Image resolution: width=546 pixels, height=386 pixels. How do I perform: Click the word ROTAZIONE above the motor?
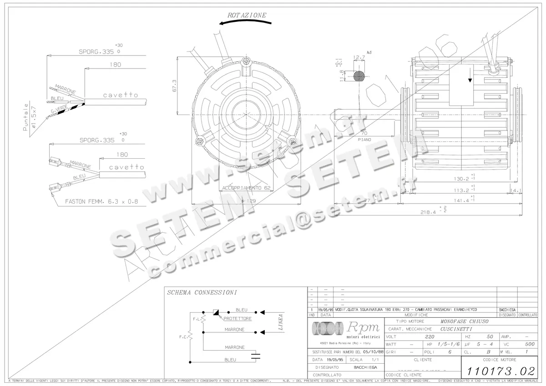pos(247,15)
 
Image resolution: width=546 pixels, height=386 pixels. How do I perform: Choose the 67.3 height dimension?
pos(173,85)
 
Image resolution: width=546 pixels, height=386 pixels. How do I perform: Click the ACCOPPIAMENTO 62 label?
pos(246,188)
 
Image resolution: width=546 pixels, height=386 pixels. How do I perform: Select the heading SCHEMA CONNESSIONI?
pos(202,293)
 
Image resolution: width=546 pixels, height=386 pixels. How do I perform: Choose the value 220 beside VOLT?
pos(429,337)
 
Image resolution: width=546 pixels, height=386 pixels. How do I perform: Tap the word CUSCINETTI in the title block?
pos(456,329)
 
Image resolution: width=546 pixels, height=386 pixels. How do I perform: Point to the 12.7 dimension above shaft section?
pos(359,58)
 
